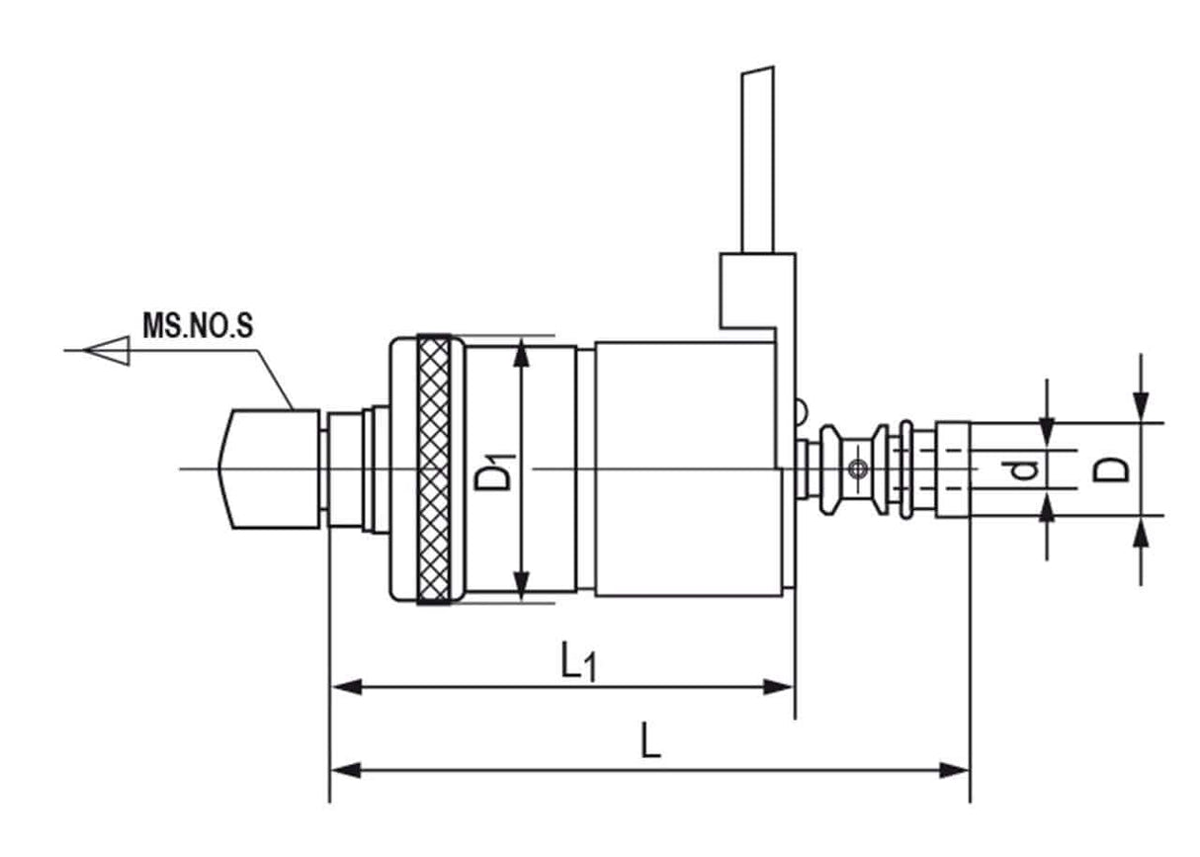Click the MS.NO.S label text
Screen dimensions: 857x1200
(x=197, y=325)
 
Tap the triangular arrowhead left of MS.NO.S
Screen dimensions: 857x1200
(x=108, y=350)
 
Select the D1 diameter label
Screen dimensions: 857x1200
(x=492, y=469)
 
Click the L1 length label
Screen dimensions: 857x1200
(x=577, y=661)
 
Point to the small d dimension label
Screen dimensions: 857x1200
(x=1025, y=470)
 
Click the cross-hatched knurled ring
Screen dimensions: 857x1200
(x=433, y=470)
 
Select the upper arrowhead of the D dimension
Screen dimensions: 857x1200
(x=1141, y=404)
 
